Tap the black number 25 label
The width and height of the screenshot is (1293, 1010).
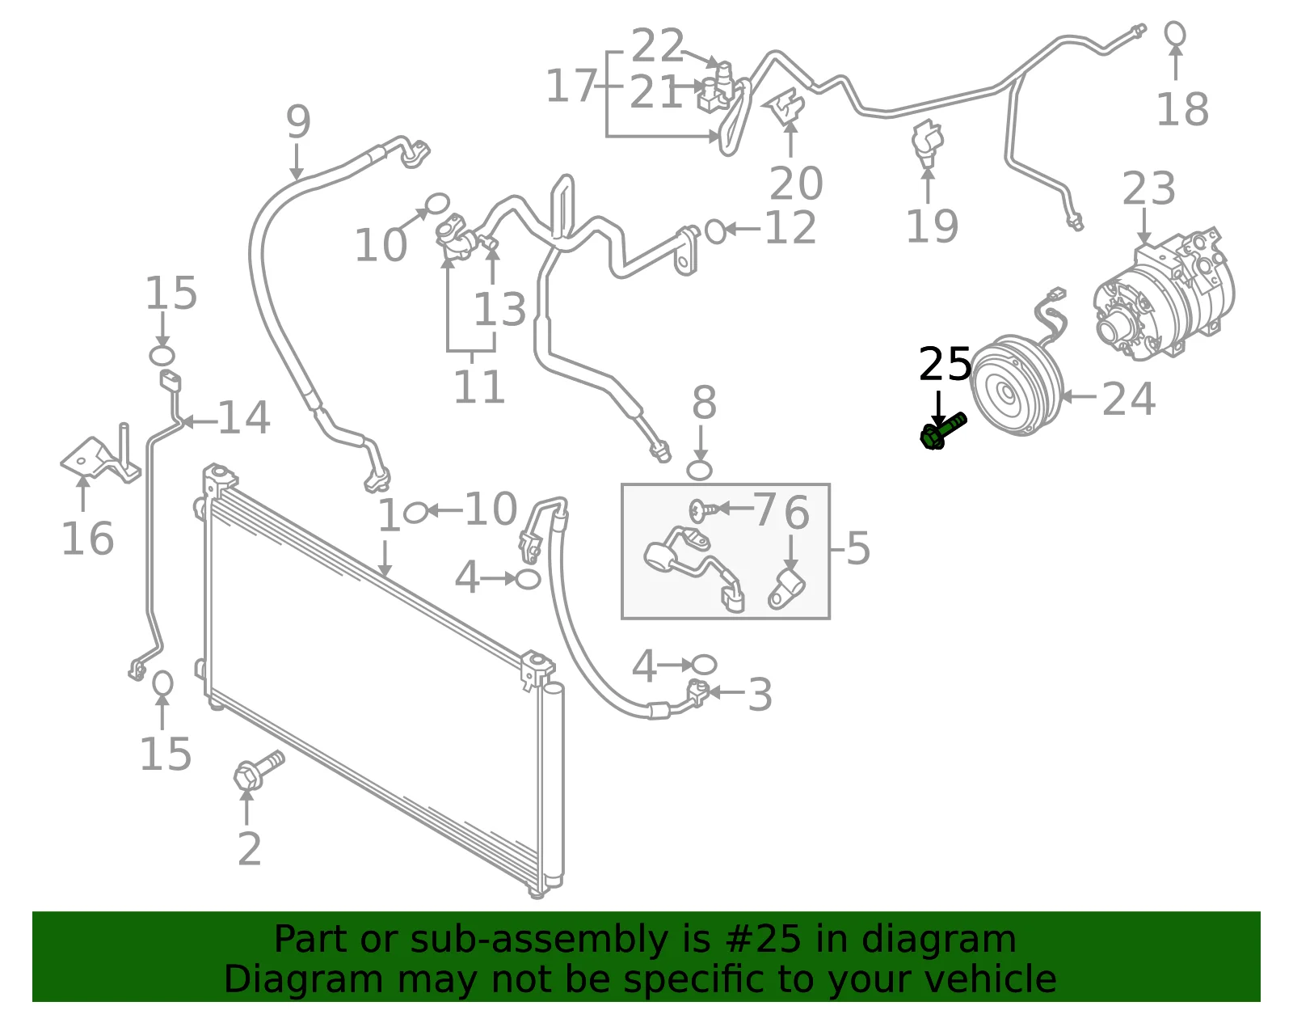945,364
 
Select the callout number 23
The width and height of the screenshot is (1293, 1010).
1148,188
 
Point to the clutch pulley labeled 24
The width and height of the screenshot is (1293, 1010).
1017,385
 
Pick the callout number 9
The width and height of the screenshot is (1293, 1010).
298,121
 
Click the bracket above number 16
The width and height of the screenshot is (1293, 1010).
100,455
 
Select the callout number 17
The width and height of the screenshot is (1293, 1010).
571,86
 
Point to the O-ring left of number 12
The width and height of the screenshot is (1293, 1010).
715,231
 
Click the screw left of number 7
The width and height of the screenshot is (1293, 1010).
704,509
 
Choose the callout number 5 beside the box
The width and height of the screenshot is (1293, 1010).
858,547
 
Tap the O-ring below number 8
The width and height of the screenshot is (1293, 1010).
699,470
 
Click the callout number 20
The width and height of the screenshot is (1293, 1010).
796,183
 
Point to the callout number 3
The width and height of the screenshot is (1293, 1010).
760,695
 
